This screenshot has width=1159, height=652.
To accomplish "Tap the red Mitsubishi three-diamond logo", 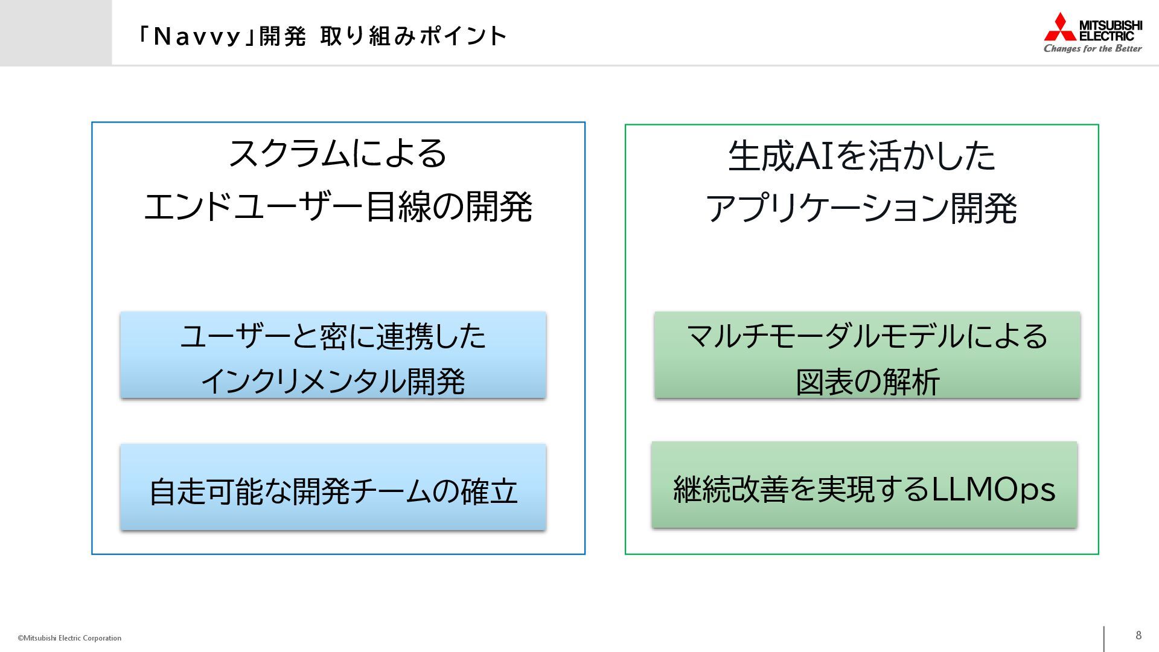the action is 1060,27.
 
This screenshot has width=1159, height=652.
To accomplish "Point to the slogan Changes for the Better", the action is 1093,48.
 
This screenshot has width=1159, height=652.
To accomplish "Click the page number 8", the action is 1138,635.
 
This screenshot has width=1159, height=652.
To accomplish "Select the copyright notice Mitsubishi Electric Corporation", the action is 70,638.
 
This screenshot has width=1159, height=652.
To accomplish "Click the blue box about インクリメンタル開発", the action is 333,355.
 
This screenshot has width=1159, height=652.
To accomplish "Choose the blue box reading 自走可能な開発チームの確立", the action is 333,487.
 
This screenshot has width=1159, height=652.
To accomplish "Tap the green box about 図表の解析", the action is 867,355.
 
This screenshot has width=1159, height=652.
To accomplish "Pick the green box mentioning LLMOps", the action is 864,485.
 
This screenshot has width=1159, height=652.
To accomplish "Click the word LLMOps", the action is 994,489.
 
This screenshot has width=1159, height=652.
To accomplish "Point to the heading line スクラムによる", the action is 338,153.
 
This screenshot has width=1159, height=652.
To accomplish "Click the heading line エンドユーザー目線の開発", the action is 338,206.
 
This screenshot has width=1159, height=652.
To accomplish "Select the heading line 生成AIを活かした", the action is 861,156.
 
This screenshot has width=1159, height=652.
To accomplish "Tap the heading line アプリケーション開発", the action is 861,209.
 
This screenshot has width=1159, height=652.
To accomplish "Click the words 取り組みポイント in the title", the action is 413,37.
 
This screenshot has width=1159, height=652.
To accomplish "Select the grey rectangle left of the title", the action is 56,33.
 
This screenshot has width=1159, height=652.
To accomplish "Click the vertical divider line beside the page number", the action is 1104,639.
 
